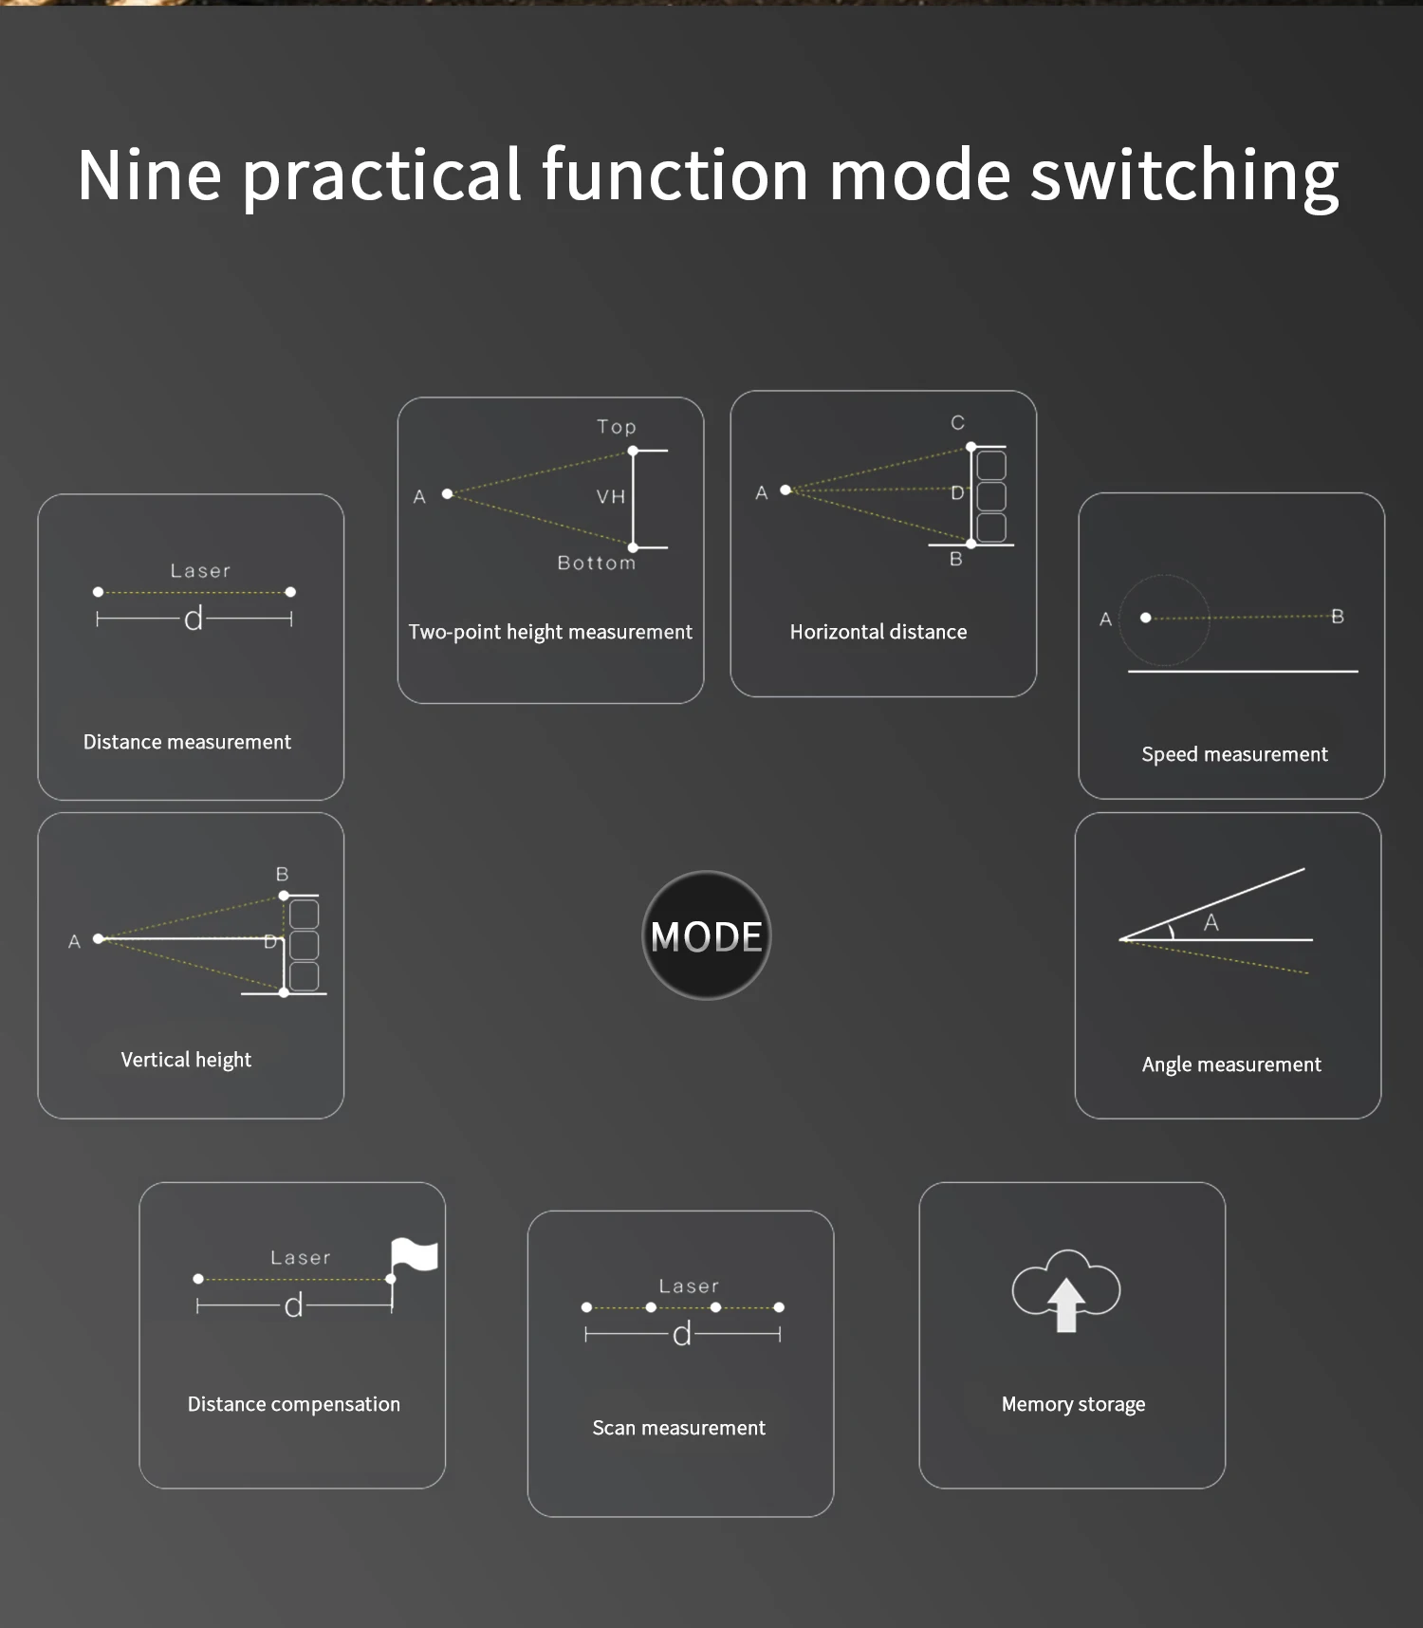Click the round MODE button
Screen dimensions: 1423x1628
coord(707,935)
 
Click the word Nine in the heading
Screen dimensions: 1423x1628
coord(149,176)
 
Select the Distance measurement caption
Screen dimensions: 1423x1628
coord(187,742)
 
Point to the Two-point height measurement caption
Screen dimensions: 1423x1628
coord(550,632)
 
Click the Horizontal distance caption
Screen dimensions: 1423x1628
coord(878,632)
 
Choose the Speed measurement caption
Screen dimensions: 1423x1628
coord(1234,754)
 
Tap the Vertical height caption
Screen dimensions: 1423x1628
coord(186,1060)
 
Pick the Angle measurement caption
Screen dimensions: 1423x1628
coord(1231,1064)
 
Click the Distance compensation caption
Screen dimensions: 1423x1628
coord(293,1404)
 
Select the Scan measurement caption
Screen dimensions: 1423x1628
coord(678,1428)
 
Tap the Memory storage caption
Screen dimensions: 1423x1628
coord(1073,1404)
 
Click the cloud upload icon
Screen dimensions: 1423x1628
coord(1066,1290)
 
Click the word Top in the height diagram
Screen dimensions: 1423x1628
coord(617,427)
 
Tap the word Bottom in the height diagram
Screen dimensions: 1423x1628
coord(597,563)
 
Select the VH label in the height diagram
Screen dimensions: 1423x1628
coord(611,496)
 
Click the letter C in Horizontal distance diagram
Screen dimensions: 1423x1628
coord(958,423)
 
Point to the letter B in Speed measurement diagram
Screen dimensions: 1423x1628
coord(1338,617)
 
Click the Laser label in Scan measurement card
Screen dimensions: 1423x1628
coord(690,1286)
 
